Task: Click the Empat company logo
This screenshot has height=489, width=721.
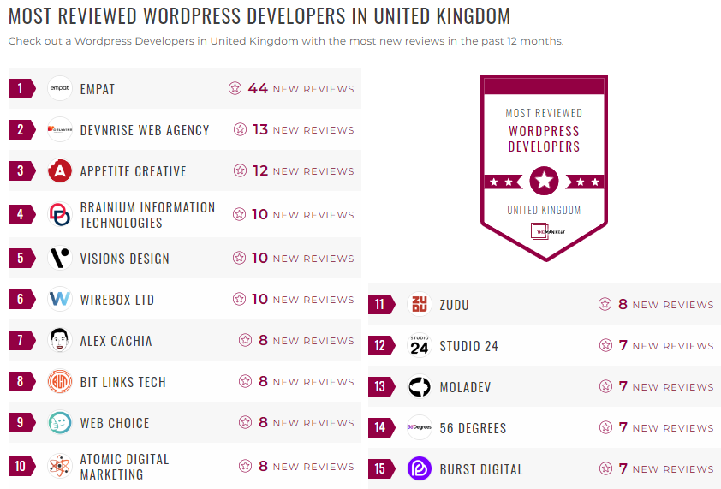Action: (60, 88)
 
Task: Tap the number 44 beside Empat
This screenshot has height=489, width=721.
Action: (258, 88)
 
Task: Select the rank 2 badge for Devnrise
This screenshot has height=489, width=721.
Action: (21, 130)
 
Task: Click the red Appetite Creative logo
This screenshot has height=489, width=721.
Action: (60, 171)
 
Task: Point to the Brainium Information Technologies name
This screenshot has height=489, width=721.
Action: (147, 214)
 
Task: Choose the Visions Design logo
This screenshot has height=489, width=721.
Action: (60, 259)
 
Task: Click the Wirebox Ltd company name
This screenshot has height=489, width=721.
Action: (117, 300)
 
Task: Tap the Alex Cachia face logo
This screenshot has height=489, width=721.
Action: (60, 341)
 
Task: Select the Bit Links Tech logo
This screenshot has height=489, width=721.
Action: (60, 382)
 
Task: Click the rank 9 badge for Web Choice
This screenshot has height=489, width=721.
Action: (21, 423)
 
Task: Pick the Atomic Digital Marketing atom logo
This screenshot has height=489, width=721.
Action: (60, 467)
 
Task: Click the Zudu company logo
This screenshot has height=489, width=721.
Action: (420, 305)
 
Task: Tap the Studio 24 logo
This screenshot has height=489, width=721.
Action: (420, 346)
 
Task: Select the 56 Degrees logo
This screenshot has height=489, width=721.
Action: (420, 428)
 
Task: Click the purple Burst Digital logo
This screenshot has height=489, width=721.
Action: (420, 469)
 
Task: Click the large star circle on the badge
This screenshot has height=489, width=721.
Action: (544, 181)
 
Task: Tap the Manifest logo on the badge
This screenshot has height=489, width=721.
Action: (544, 231)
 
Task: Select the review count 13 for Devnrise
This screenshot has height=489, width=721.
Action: (260, 130)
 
